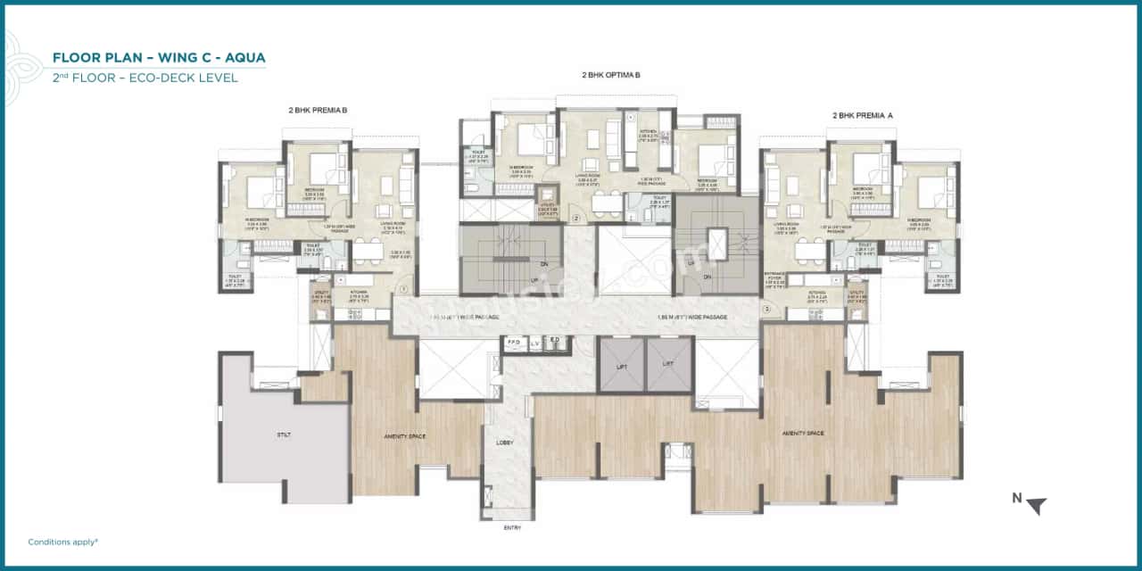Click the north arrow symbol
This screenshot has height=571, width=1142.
(1035, 505)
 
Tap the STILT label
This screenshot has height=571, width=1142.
(284, 434)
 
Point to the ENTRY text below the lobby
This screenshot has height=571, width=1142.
(512, 527)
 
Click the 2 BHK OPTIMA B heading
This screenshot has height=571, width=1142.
(610, 76)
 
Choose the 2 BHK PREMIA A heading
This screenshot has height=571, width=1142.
(862, 115)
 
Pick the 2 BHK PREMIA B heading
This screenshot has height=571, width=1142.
(318, 110)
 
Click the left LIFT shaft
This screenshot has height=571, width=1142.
(621, 365)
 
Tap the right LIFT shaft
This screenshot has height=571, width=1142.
(668, 365)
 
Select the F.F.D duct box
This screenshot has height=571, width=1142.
(514, 342)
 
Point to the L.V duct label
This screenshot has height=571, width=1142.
(534, 342)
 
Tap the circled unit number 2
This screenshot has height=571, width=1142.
(576, 218)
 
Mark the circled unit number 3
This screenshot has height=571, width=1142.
(765, 310)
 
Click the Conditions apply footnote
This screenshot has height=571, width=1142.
(62, 542)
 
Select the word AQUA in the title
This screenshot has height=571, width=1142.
(244, 58)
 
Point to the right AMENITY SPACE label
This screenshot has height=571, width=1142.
(802, 433)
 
